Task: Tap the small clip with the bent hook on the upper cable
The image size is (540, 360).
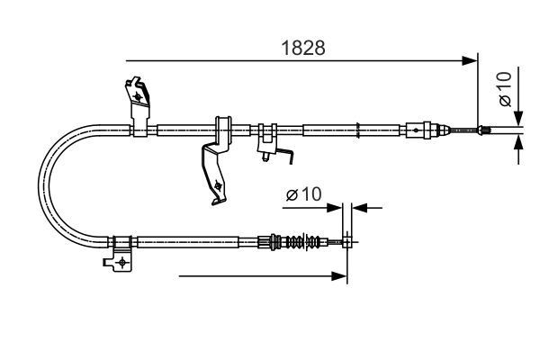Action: (x=268, y=144)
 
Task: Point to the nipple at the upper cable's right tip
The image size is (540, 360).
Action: (x=487, y=131)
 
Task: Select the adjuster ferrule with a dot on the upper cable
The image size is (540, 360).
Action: (x=418, y=130)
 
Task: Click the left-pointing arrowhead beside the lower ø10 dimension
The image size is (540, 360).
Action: (x=357, y=208)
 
